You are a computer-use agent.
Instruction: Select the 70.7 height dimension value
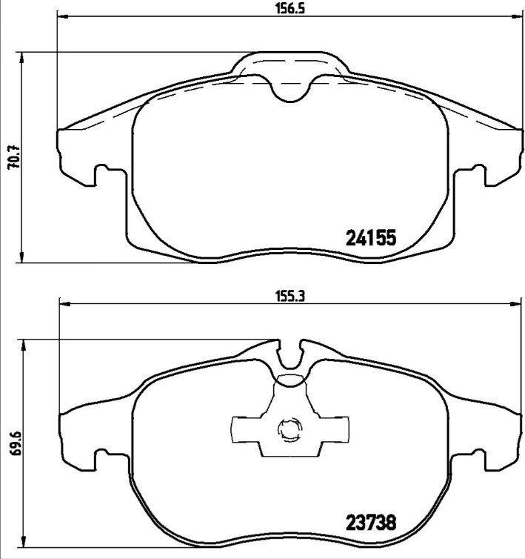click(x=13, y=157)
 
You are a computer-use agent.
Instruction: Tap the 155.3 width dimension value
click(x=290, y=294)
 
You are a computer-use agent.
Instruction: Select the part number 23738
click(x=372, y=522)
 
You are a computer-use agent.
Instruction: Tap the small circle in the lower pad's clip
click(x=287, y=429)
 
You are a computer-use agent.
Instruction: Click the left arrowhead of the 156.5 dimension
click(x=61, y=18)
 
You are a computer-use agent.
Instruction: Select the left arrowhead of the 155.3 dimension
click(x=64, y=302)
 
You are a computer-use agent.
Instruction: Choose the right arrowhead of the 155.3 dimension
click(x=516, y=302)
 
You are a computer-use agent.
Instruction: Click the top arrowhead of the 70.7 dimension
click(x=24, y=56)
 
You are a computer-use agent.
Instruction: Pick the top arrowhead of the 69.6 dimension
click(x=24, y=344)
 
